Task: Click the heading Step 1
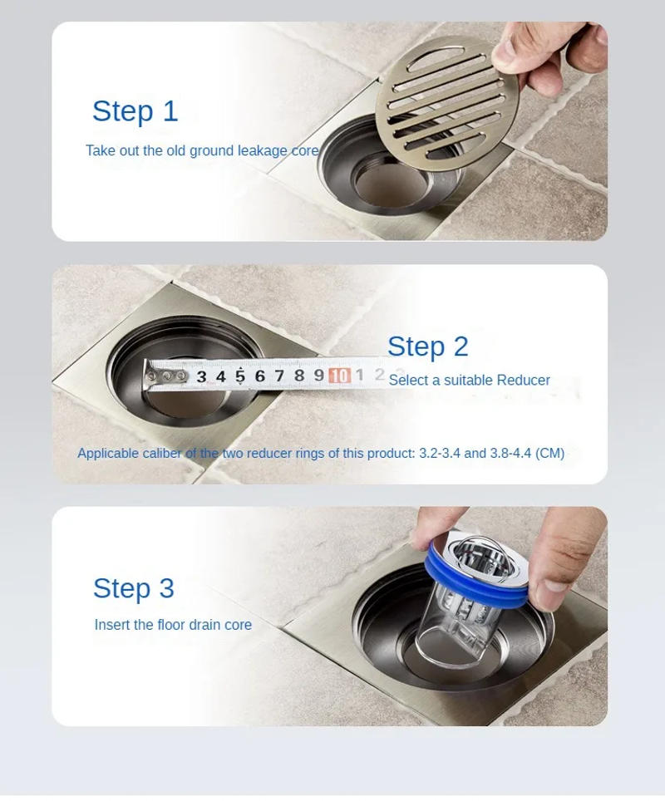point(135,111)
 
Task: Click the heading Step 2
point(427,346)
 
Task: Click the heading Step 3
point(133,588)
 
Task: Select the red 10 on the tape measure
point(338,376)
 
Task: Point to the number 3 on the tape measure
point(201,376)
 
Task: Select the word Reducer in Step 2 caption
point(523,381)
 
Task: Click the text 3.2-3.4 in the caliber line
point(439,454)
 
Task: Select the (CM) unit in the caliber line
point(549,454)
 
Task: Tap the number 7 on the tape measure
point(279,376)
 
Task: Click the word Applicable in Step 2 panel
point(109,454)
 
